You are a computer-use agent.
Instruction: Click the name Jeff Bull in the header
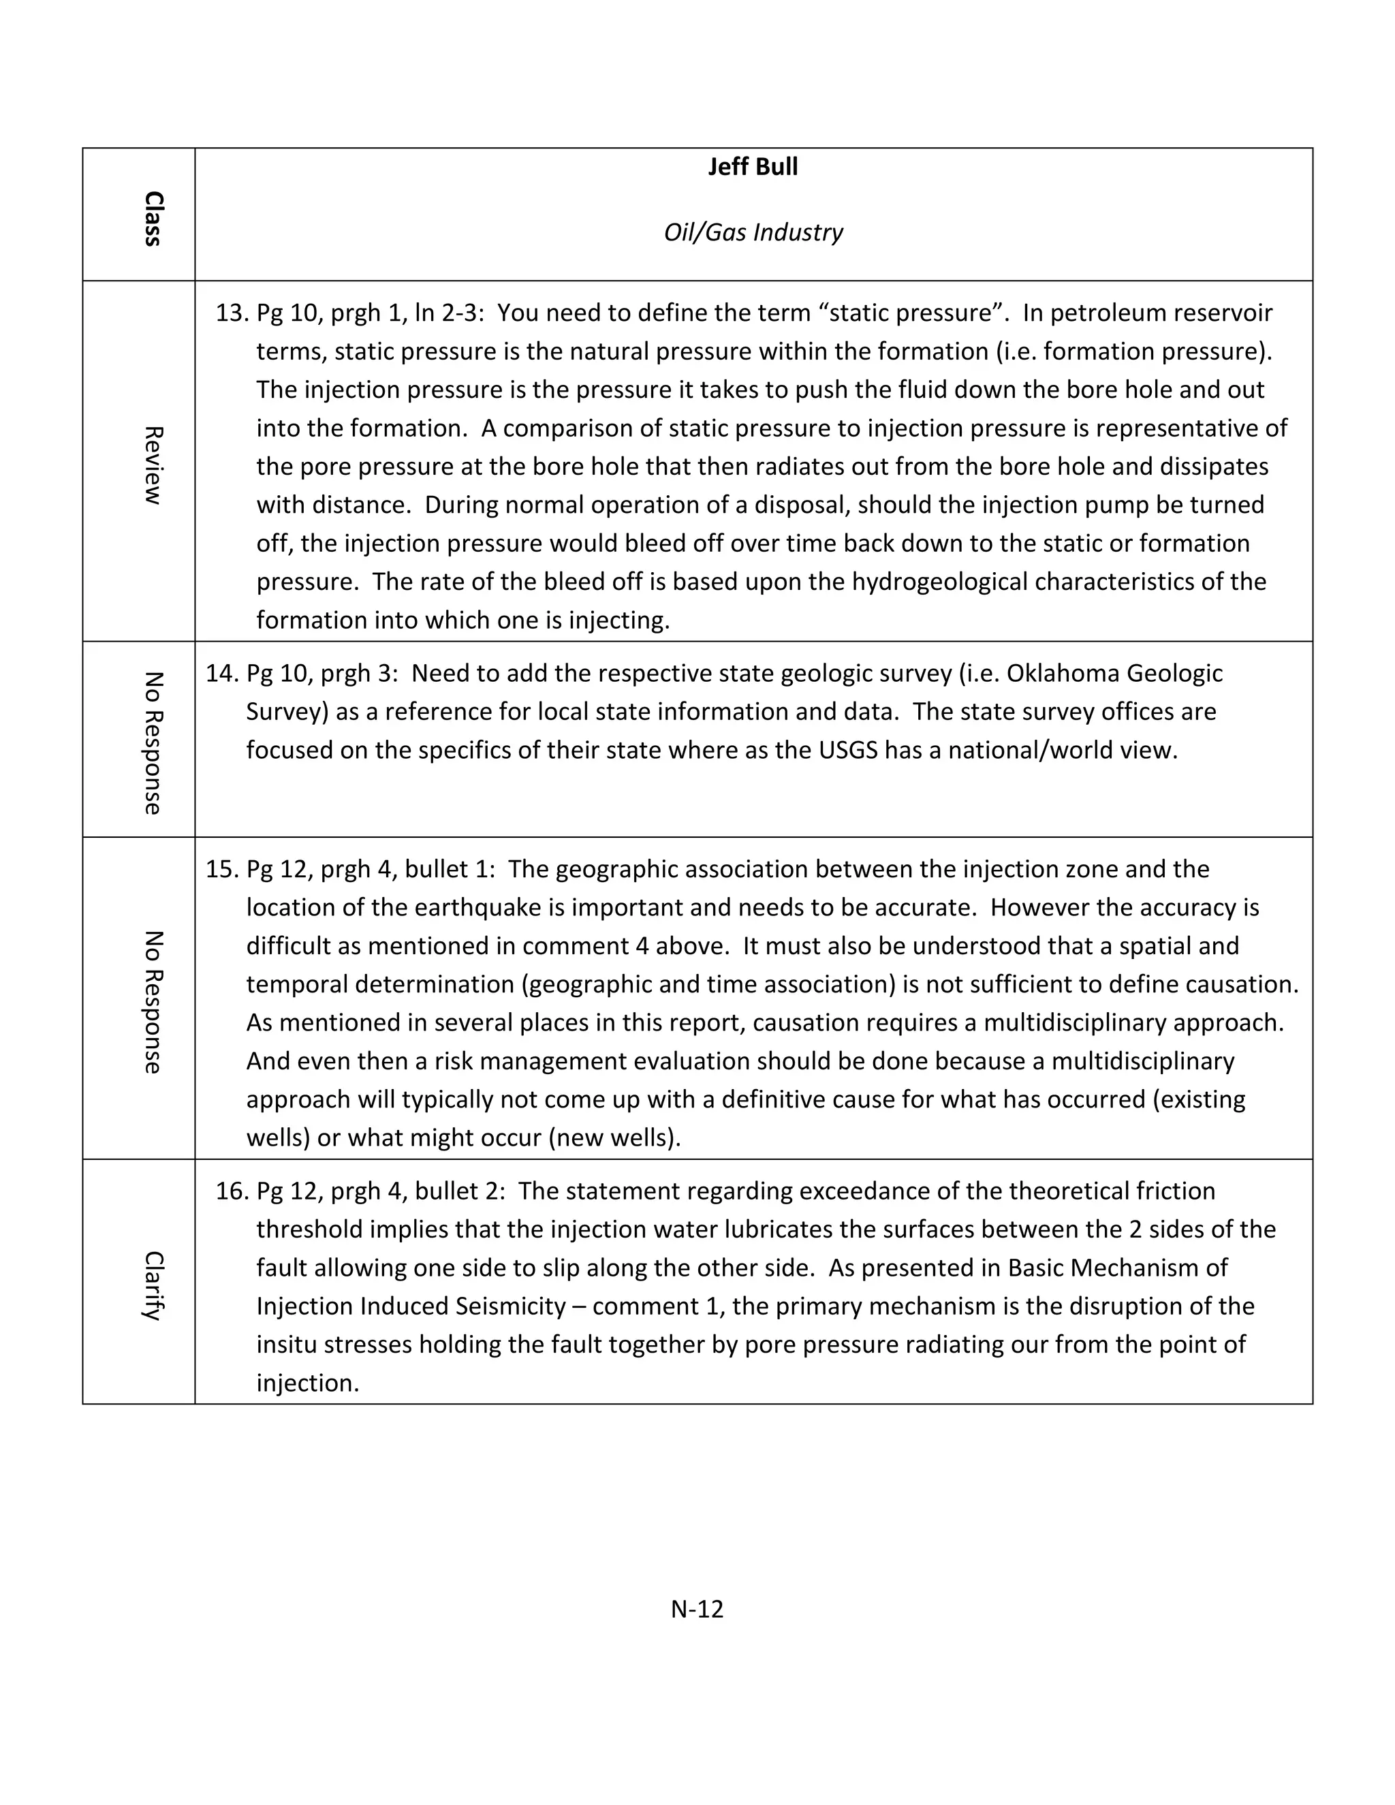752,167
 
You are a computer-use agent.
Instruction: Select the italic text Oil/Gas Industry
753,232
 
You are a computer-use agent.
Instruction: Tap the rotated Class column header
153,219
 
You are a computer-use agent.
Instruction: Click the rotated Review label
153,465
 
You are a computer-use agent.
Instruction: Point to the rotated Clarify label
153,1286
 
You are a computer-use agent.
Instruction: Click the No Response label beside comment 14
153,743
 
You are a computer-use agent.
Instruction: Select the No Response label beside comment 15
153,1002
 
